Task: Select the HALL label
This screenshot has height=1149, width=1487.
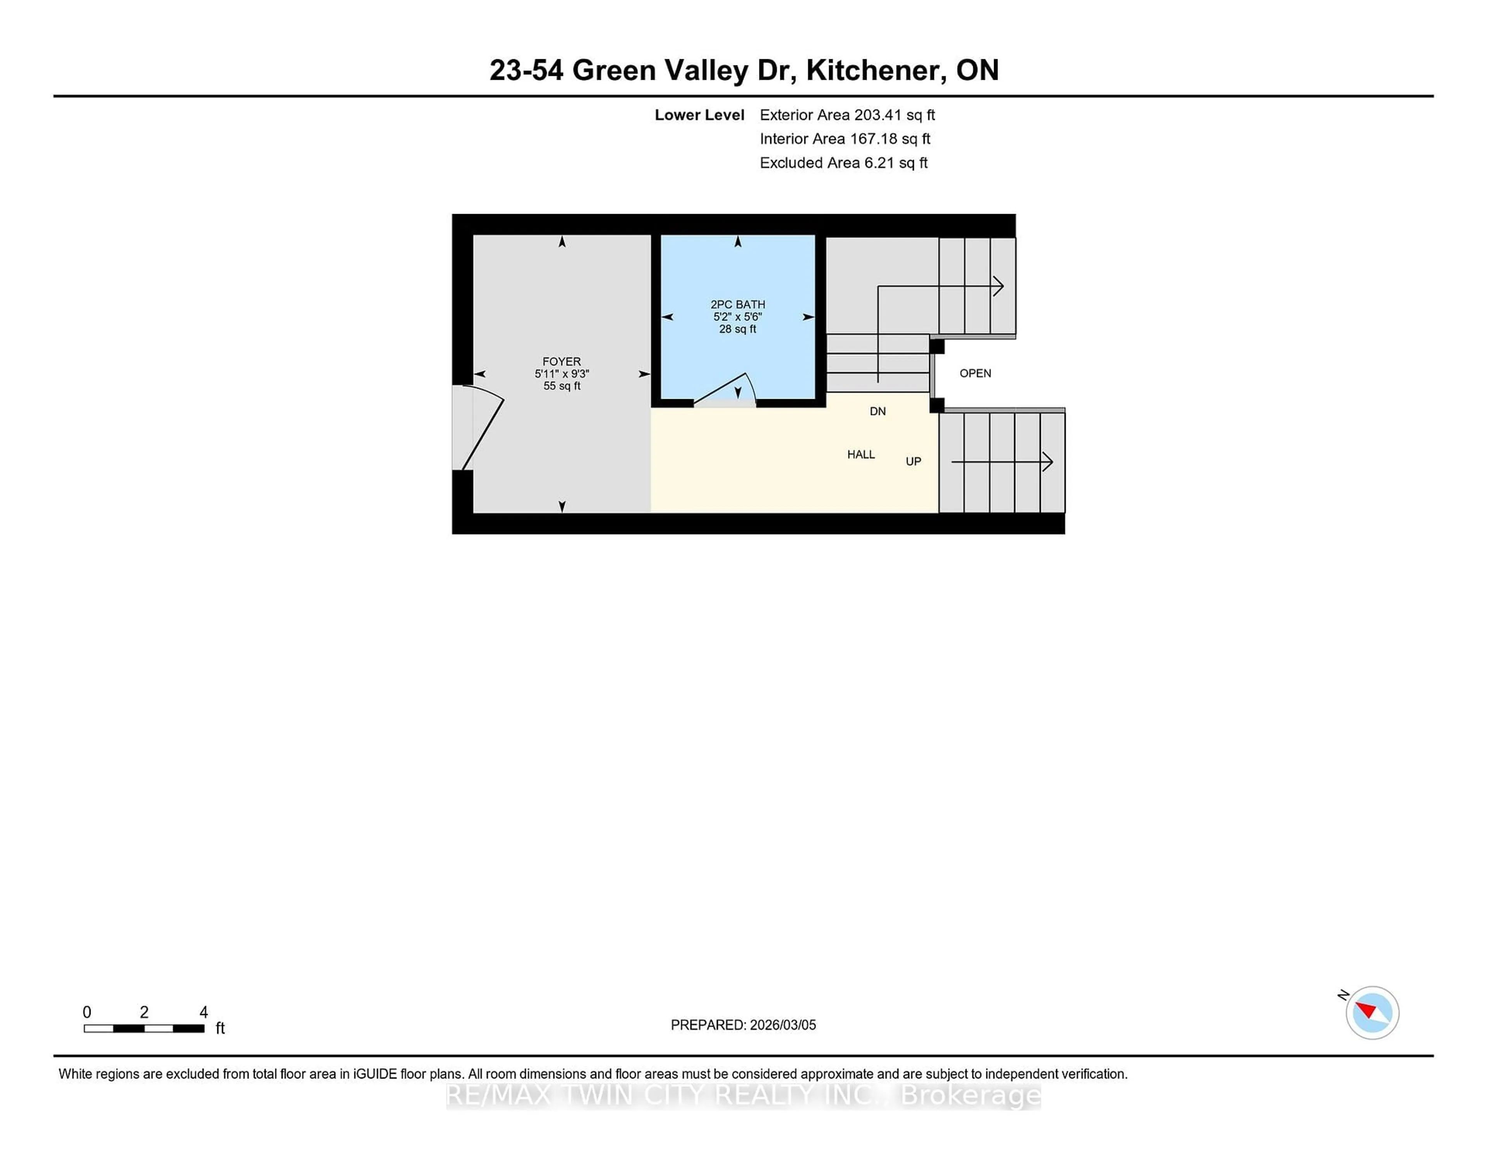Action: (860, 454)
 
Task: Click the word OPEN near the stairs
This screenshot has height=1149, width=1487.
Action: (975, 373)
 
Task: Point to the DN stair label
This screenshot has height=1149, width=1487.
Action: (877, 411)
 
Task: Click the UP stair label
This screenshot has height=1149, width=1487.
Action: (913, 461)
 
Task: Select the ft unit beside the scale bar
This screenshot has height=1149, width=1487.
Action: (220, 1028)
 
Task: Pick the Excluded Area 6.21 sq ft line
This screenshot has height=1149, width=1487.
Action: (843, 163)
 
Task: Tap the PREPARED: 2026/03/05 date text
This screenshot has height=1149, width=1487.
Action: (743, 1024)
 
